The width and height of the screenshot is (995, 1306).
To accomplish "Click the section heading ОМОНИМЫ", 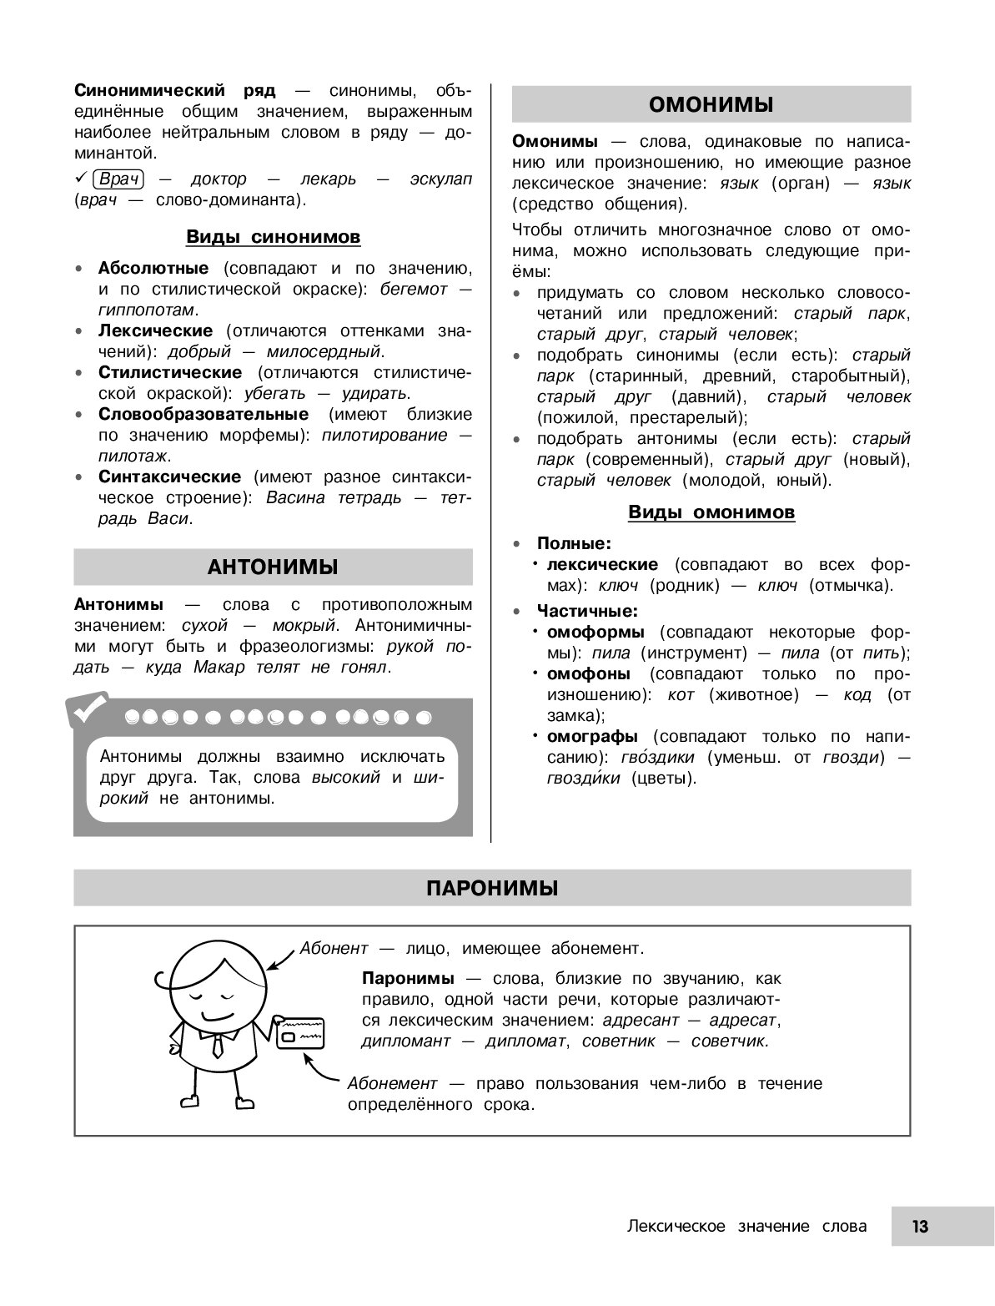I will (x=711, y=104).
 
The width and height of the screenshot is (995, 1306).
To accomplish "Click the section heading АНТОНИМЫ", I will (x=273, y=567).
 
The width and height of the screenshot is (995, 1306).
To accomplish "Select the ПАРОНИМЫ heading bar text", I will (x=492, y=888).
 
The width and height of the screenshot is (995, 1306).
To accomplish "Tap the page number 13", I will (x=920, y=1227).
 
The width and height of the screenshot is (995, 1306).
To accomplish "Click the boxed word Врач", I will (x=118, y=179).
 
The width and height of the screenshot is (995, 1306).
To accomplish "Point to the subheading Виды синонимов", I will (x=273, y=237).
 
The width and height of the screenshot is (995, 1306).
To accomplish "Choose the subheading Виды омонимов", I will (x=711, y=512).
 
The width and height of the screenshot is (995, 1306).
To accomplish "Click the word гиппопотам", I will (x=146, y=310).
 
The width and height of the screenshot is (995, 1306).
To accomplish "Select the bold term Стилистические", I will (x=170, y=372).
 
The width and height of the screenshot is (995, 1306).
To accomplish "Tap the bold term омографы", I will (x=592, y=736).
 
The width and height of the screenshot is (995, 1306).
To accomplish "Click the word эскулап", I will (x=440, y=179).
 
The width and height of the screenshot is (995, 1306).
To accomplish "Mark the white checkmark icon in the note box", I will (x=88, y=709).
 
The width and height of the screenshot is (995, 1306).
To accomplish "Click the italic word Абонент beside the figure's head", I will (x=334, y=949).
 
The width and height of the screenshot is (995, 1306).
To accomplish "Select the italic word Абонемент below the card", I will (x=392, y=1083).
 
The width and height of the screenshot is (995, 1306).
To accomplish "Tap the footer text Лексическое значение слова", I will (x=746, y=1227).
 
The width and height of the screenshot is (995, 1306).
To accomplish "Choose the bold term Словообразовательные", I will (x=204, y=414).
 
